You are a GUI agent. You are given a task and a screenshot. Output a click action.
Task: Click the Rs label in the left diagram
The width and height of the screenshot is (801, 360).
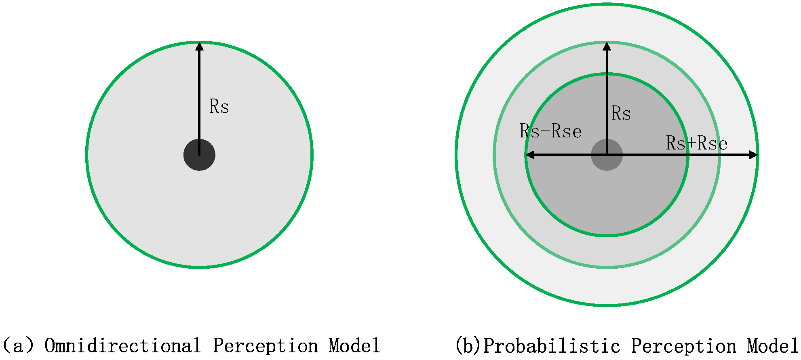click(219, 107)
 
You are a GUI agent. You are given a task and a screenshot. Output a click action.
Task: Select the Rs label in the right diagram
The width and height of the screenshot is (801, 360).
click(621, 113)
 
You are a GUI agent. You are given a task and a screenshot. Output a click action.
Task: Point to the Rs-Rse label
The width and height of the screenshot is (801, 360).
click(550, 131)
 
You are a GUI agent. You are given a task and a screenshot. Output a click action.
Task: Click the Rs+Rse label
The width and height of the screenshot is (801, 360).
click(697, 143)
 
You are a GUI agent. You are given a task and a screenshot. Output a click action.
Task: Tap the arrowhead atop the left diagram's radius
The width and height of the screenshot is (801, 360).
click(199, 46)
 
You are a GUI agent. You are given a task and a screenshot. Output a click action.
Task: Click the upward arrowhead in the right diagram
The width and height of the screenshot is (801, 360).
click(607, 46)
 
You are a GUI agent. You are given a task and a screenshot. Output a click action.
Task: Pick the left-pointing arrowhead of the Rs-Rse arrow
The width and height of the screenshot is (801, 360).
click(530, 155)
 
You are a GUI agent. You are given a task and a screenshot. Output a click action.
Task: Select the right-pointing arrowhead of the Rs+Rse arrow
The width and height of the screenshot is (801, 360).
click(754, 155)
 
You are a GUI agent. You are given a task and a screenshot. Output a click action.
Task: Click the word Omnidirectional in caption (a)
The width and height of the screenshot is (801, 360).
click(122, 346)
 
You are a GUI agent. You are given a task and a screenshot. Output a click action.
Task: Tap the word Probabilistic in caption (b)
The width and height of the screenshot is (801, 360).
click(552, 346)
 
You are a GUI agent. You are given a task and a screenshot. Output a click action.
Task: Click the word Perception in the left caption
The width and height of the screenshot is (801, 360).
click(266, 346)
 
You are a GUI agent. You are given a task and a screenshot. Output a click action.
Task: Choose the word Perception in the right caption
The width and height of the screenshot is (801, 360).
click(684, 346)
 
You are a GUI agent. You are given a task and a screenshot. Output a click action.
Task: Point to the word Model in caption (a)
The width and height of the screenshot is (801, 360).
click(354, 346)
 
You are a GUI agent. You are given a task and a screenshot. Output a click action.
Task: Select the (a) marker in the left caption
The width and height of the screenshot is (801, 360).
click(18, 346)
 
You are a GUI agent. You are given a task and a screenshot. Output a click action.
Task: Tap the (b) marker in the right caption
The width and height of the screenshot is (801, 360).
click(468, 346)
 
